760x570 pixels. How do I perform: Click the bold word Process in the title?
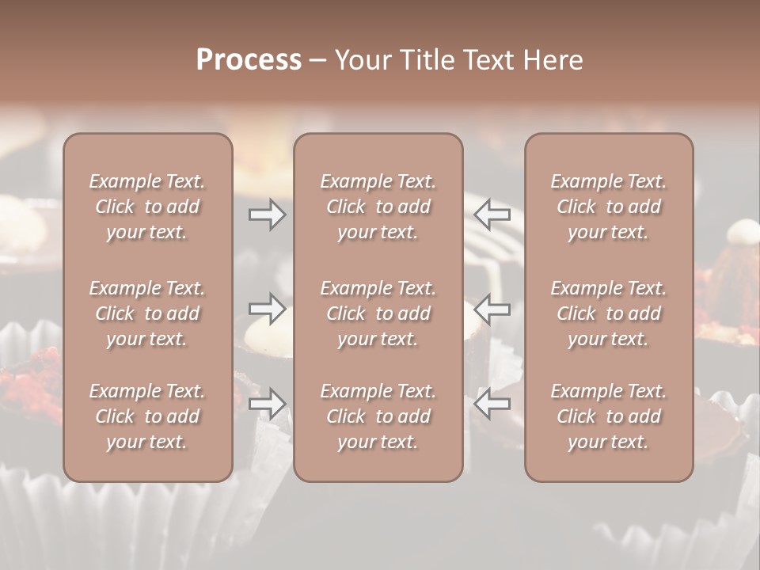249,60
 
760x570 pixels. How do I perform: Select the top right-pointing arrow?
267,215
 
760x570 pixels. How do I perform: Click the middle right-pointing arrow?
267,309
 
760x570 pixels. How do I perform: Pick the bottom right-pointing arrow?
267,404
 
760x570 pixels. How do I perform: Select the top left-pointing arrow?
492,215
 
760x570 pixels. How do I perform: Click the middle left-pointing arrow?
492,309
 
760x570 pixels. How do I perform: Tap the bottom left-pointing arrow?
492,404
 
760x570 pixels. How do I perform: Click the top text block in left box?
147,207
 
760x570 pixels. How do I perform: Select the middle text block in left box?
147,313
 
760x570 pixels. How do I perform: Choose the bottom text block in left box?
147,416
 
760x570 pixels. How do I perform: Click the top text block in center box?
378,207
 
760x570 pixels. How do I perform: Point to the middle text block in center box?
378,313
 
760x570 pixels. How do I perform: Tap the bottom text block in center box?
378,416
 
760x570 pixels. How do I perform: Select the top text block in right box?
609,207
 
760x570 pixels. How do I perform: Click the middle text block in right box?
609,313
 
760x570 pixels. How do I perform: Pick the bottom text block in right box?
609,416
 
